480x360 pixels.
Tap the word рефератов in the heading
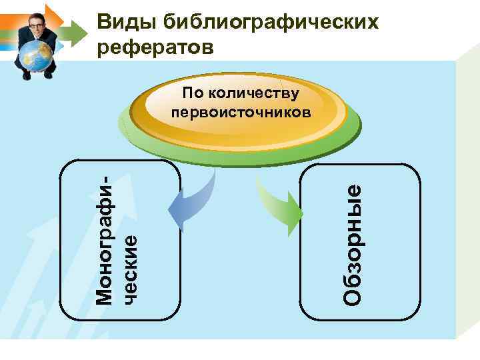click(157, 47)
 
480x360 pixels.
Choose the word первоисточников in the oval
click(240, 111)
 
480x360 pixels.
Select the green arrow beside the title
click(77, 30)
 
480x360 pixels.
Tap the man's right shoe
click(26, 75)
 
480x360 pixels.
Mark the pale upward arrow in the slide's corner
click(40, 280)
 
